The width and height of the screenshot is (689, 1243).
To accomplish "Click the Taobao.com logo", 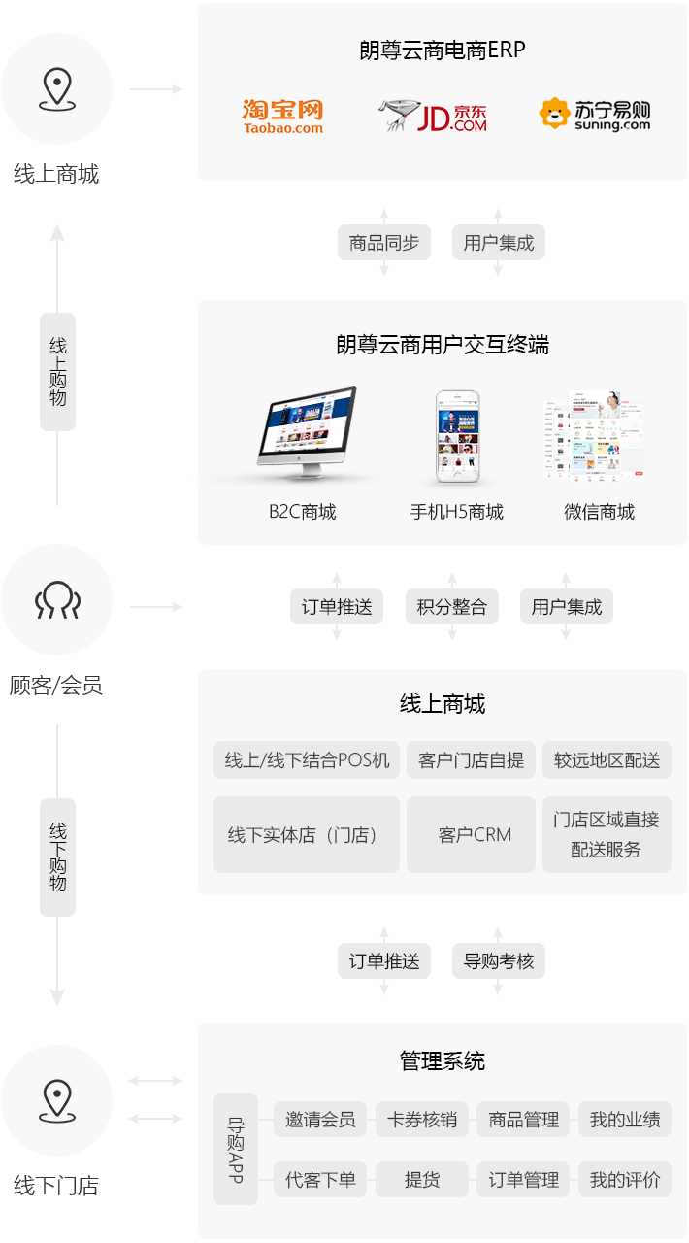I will click(x=282, y=116).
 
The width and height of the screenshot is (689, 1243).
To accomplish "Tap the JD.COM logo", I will click(x=433, y=116).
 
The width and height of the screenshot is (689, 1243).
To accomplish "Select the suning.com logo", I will click(x=595, y=115).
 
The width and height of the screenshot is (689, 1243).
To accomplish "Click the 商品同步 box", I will click(x=384, y=243).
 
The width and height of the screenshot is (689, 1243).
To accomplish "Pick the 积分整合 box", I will click(x=452, y=607).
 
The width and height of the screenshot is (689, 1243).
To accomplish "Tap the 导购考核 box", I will click(x=499, y=961).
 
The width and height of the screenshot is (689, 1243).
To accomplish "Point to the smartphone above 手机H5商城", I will click(x=458, y=438).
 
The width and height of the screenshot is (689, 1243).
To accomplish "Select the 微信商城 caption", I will click(x=599, y=512).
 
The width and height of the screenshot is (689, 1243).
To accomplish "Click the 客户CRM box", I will click(x=471, y=835).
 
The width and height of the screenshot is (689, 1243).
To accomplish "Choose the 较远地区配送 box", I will click(x=607, y=759).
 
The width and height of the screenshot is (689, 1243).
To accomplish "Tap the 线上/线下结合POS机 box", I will click(x=307, y=759).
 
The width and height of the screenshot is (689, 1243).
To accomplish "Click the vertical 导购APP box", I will click(x=236, y=1149).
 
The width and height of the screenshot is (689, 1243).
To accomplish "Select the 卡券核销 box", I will click(x=422, y=1120).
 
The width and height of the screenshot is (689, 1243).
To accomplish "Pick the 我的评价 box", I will click(x=625, y=1180).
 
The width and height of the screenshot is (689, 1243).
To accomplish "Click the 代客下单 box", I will click(x=320, y=1180).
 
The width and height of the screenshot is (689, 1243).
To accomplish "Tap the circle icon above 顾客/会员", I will click(x=56, y=600).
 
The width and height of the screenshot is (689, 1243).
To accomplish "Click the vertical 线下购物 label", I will click(x=57, y=857).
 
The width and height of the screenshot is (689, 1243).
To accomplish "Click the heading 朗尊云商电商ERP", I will click(x=443, y=50).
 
